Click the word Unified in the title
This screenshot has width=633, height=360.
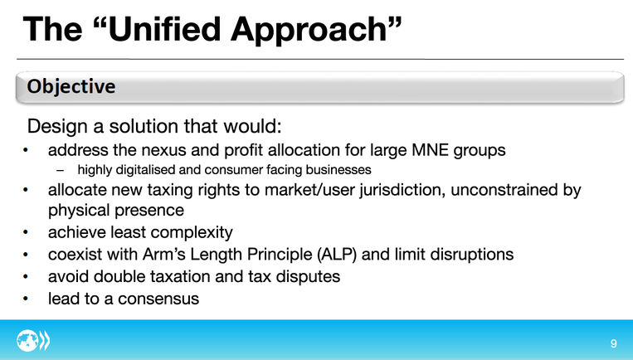tap(164, 29)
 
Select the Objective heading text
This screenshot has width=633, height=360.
tap(71, 87)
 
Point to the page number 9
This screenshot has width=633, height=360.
tap(614, 343)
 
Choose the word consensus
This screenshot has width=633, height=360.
tap(158, 299)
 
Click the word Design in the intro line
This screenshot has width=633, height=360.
tap(57, 127)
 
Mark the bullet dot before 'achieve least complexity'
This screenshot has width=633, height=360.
tap(26, 232)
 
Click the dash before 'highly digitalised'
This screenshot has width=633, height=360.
tap(61, 170)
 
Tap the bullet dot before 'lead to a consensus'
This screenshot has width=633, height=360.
tap(26, 299)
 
